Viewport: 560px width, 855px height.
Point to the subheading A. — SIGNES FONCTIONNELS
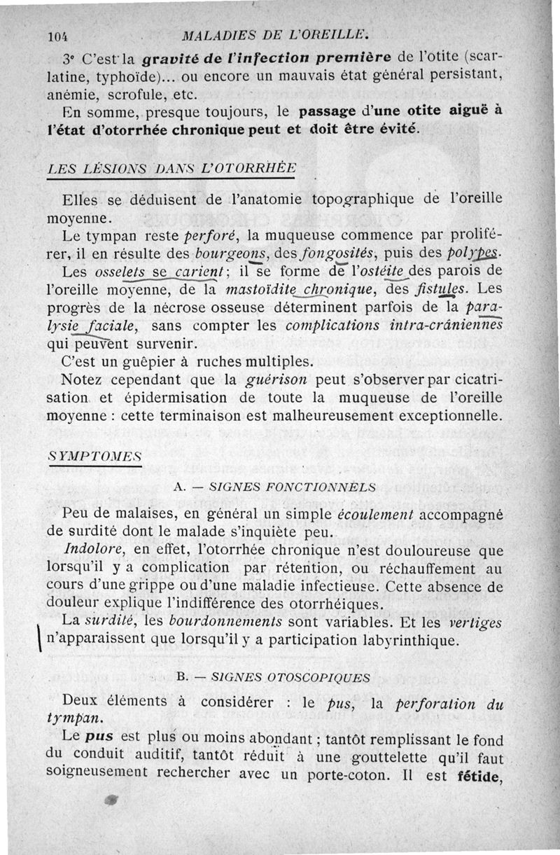(x=274, y=487)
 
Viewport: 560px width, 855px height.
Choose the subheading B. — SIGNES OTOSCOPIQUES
(x=274, y=677)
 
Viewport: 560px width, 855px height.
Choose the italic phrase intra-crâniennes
(x=441, y=326)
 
